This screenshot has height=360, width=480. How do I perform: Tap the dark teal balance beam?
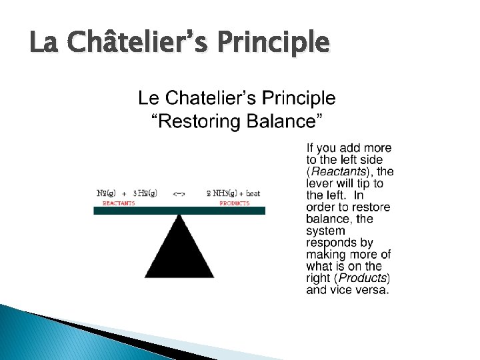[179, 210]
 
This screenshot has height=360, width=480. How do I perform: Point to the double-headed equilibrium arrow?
[179, 194]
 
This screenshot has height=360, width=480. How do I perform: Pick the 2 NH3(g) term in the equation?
[220, 194]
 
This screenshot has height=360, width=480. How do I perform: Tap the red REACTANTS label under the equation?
[119, 203]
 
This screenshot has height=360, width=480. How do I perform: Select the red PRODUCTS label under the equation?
[234, 203]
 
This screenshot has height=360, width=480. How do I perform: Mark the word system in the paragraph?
[325, 231]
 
